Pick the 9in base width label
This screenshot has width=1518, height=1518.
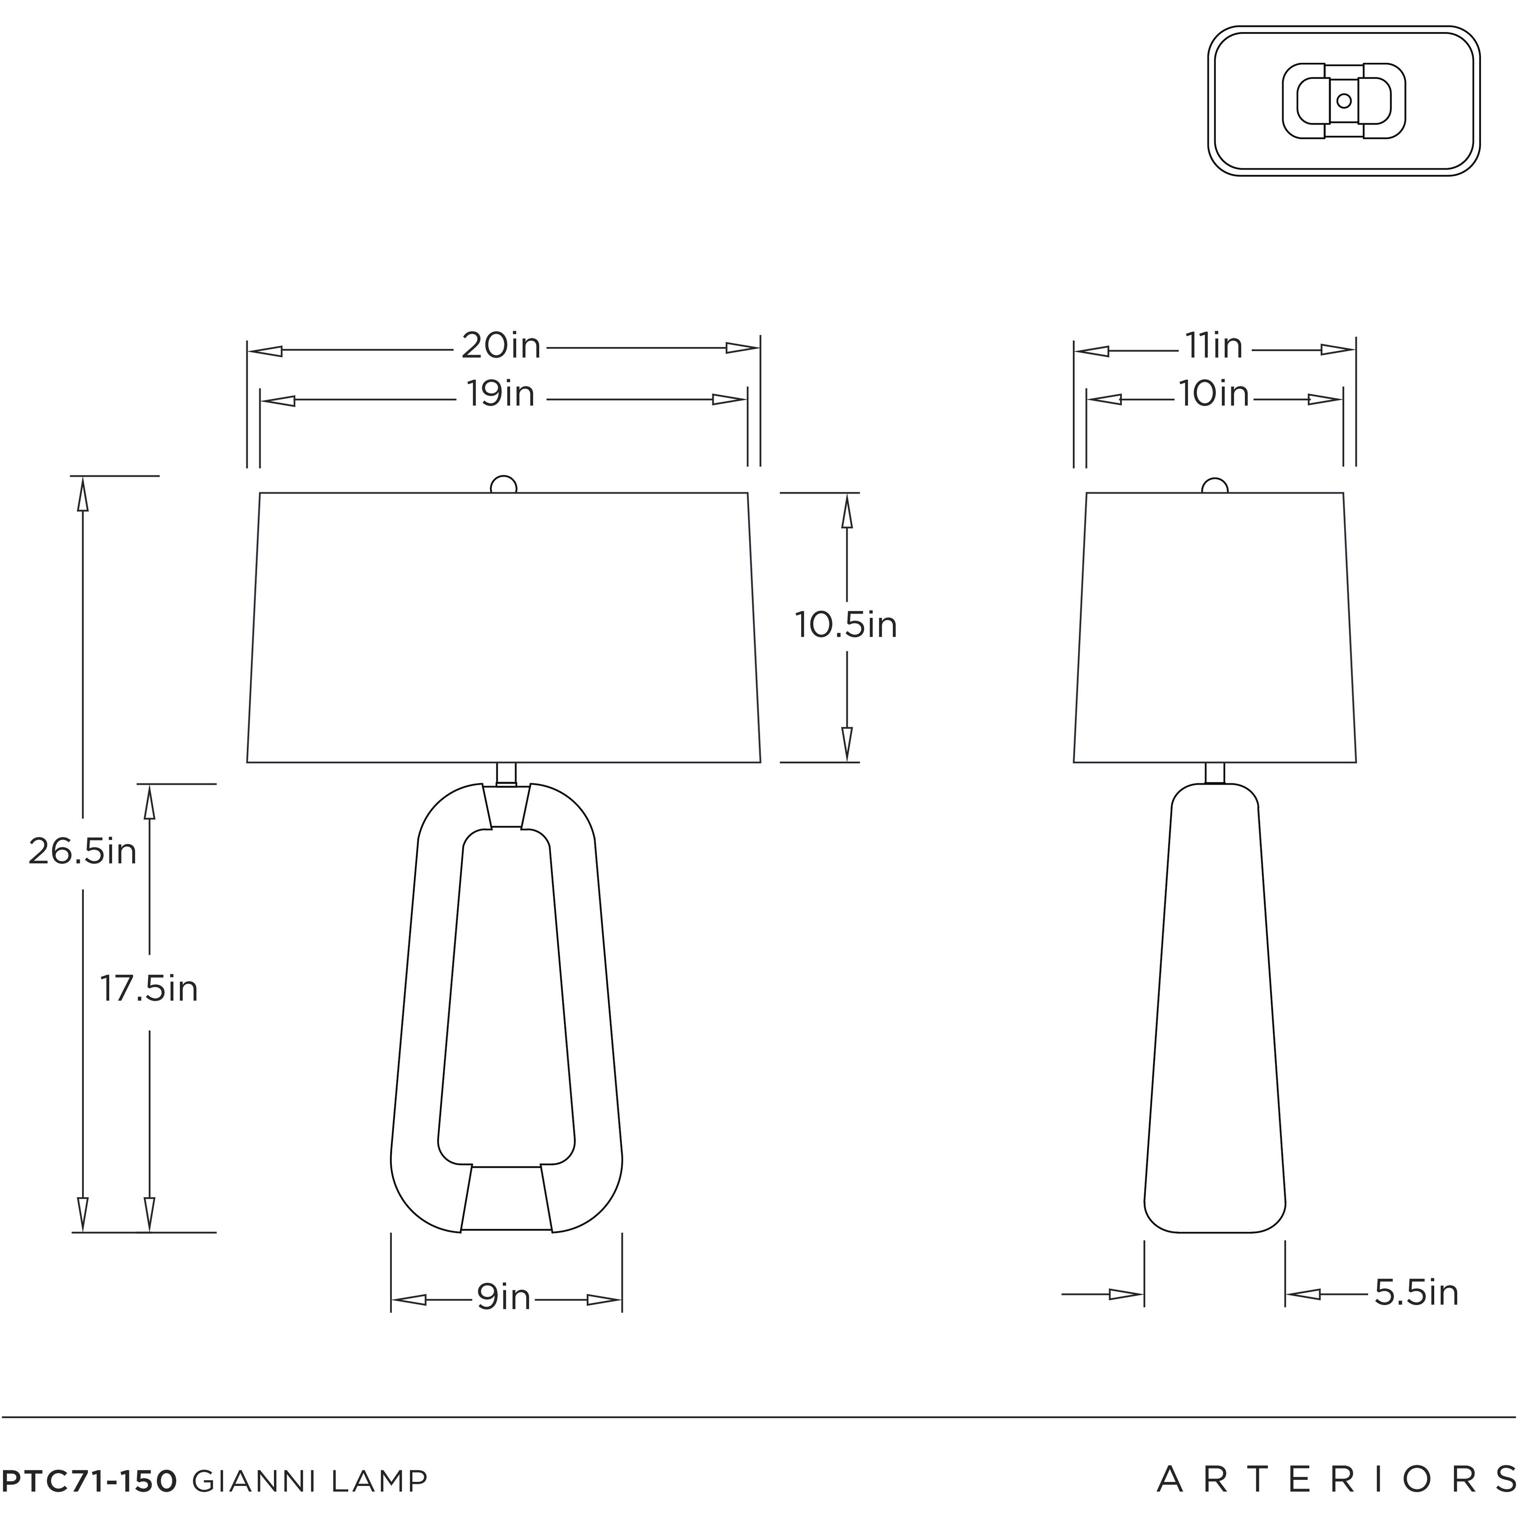504,1297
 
